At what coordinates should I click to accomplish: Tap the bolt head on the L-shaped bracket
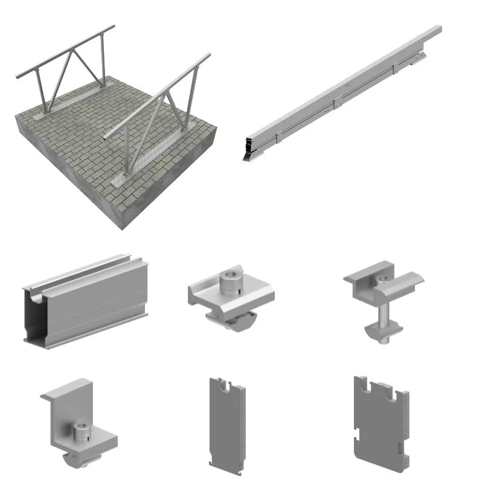pyautogui.click(x=81, y=431)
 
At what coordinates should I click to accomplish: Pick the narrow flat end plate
pyautogui.click(x=227, y=426)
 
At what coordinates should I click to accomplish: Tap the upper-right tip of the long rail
pyautogui.click(x=437, y=28)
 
